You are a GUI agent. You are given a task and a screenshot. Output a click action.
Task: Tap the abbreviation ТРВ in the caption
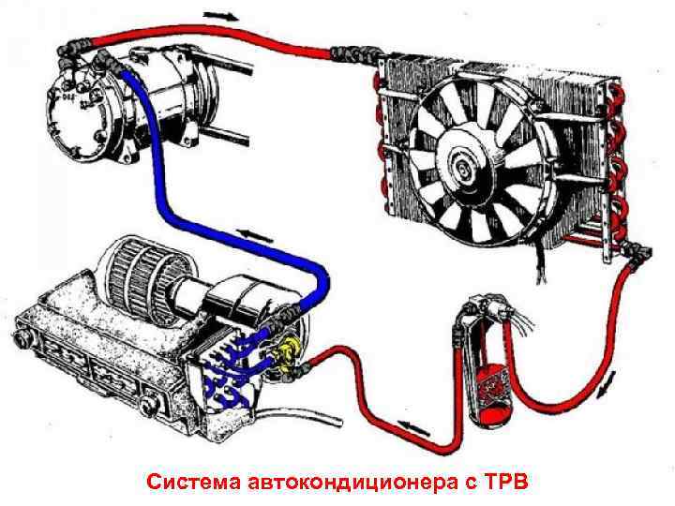(505, 483)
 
